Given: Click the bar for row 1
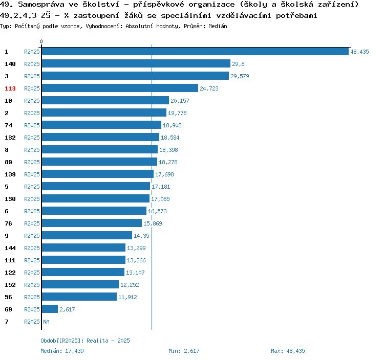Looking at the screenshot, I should [195, 52].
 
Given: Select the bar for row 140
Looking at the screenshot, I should [136, 64].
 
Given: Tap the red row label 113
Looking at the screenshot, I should [10, 88].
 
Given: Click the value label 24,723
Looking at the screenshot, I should [209, 88].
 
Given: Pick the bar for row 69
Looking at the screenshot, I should [50, 309].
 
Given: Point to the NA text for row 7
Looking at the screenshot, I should [46, 322].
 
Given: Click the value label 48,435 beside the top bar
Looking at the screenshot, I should [359, 52].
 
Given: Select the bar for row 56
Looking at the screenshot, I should [79, 297].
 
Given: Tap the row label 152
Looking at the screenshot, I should [10, 285].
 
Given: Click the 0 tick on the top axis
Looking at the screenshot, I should [41, 41].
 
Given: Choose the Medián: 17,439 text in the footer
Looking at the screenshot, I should [62, 351].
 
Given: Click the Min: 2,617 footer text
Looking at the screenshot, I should [184, 351].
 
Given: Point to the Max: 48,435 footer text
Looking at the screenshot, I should [288, 351].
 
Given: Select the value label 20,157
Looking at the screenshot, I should [180, 101].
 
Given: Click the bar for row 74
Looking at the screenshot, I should [101, 125].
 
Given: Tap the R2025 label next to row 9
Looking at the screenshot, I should [32, 236].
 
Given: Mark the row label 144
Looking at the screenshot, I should [10, 248].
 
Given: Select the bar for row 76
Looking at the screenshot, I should [92, 223].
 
